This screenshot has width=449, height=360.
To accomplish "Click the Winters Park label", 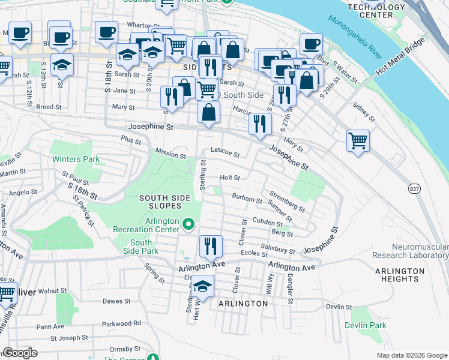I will click(x=75, y=160).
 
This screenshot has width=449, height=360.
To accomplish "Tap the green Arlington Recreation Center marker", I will click(x=188, y=225).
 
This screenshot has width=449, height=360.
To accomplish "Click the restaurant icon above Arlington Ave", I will click(x=211, y=245).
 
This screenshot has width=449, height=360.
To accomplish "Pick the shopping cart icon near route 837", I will click(x=358, y=141).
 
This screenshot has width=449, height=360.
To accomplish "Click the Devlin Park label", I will click(x=365, y=325).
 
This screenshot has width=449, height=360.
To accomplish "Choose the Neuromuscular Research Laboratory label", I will click(x=420, y=251).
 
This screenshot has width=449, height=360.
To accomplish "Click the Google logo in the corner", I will click(x=20, y=353).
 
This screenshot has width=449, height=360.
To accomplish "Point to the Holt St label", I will click(x=230, y=178).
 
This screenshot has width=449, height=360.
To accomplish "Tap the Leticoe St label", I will click(x=224, y=154).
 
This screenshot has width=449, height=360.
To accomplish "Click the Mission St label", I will click(x=170, y=154).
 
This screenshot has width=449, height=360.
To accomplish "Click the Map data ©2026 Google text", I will click(x=411, y=355).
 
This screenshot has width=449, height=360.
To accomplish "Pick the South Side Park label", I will click(x=141, y=247).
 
